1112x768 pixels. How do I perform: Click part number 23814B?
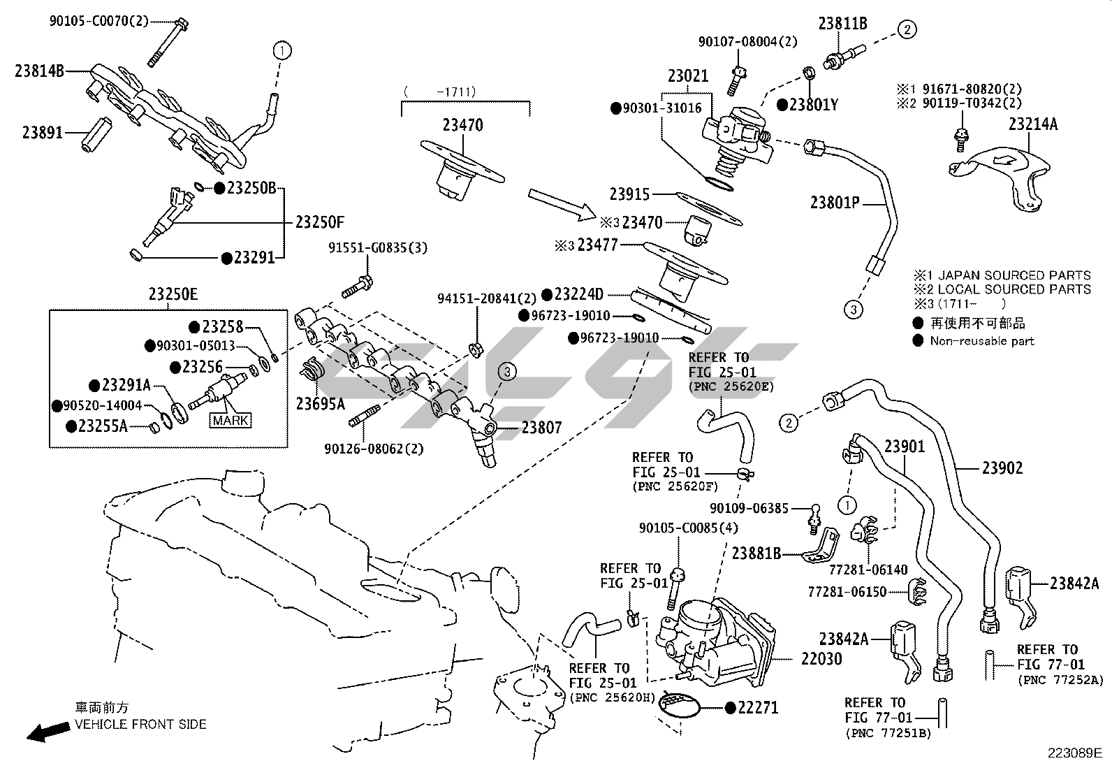click(39, 71)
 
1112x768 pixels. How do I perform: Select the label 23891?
click(42, 132)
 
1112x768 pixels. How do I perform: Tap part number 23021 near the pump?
click(687, 76)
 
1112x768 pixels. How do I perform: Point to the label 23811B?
click(842, 24)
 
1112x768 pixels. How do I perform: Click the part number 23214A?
click(1032, 125)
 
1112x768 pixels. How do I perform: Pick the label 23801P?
click(834, 203)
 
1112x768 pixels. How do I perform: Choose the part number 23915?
click(629, 195)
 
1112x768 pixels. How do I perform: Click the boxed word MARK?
click(231, 421)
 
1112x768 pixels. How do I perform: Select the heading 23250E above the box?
click(173, 295)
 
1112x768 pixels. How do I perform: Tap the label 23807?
click(542, 427)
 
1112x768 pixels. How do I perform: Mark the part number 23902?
click(1002, 468)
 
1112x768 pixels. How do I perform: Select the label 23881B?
click(756, 553)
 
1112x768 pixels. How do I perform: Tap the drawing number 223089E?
click(1074, 753)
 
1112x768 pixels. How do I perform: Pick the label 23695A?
click(320, 404)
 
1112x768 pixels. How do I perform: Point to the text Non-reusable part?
click(981, 341)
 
